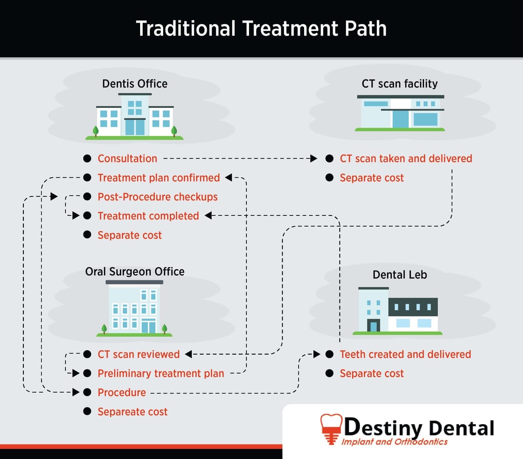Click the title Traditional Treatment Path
click(261, 29)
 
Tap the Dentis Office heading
click(135, 84)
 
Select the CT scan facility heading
click(399, 84)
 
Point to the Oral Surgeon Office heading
click(135, 272)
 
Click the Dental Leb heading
click(399, 275)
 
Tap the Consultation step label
click(127, 159)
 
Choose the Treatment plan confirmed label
click(158, 178)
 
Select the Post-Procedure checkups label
click(157, 197)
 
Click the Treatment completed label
click(148, 216)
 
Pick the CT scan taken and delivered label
click(406, 159)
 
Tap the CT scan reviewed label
click(139, 354)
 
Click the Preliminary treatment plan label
click(161, 373)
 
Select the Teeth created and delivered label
click(405, 354)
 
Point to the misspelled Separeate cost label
click(132, 411)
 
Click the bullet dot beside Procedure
click(87, 392)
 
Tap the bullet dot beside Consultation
click(87, 159)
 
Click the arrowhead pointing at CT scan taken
click(314, 159)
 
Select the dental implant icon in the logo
click(329, 428)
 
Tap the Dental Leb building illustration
click(398, 310)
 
